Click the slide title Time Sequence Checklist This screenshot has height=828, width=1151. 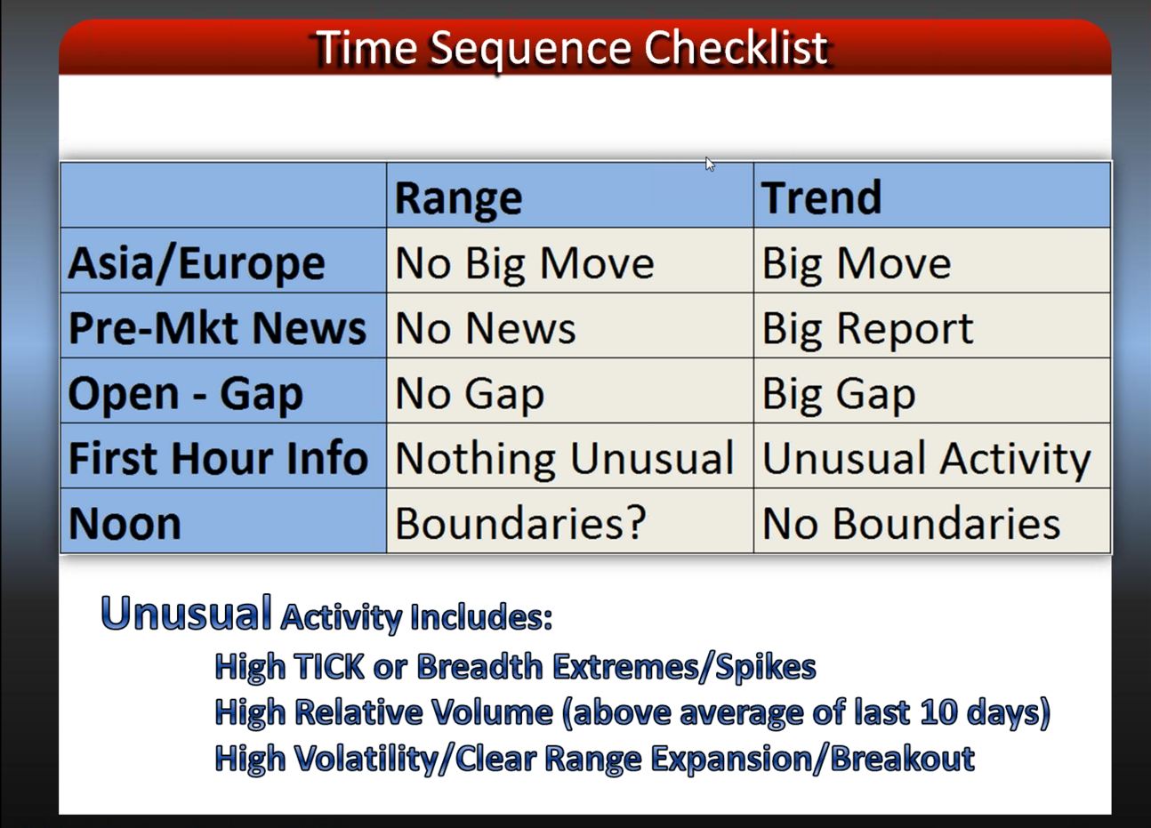point(571,48)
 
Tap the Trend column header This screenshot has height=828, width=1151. point(822,197)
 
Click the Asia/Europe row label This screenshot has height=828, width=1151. point(197,263)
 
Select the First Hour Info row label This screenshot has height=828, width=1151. point(218,457)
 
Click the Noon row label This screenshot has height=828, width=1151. point(125,523)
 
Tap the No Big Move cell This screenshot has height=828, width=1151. point(525,263)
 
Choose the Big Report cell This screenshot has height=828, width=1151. point(867,329)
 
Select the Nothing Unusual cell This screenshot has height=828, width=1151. point(565,458)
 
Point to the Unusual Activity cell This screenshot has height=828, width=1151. point(927,458)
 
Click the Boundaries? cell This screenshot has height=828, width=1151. point(520,523)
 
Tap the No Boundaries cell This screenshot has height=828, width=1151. point(911,523)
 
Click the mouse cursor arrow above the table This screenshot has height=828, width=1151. point(710,165)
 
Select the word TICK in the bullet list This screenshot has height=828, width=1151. point(328,666)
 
